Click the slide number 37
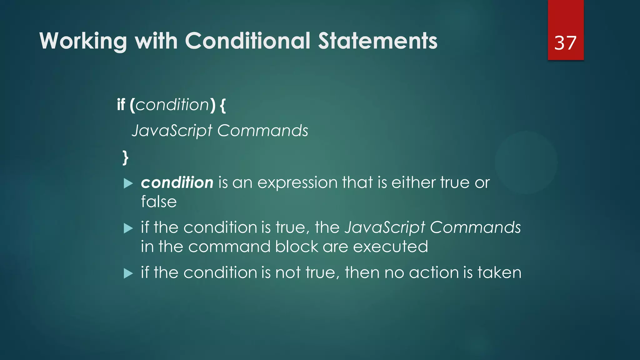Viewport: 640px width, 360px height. [565, 43]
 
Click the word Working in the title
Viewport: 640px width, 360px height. [83, 41]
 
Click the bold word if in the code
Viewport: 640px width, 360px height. [121, 105]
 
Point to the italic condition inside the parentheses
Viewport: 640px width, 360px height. [172, 105]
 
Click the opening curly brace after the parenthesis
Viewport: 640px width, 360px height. [222, 105]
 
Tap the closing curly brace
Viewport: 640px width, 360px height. [125, 157]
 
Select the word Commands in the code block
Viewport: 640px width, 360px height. [262, 131]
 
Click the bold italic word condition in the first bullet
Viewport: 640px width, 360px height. [177, 182]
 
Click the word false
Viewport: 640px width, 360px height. [159, 202]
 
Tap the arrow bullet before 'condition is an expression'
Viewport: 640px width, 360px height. [128, 183]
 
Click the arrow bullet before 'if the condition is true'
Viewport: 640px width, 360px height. [128, 228]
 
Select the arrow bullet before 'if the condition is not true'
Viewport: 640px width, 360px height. [128, 273]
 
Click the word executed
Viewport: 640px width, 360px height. [390, 247]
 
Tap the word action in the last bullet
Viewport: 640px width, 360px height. [433, 272]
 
